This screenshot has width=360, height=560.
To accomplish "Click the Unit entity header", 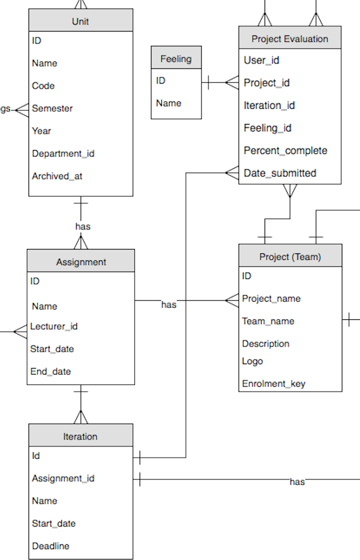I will tap(81, 21).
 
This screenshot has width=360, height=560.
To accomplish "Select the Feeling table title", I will tap(176, 59).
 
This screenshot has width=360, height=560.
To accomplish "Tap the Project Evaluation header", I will tap(290, 39).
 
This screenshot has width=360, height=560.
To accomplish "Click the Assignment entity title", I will tap(81, 262).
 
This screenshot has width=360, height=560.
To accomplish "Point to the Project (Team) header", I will tap(290, 256).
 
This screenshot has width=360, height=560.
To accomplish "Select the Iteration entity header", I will tap(80, 436).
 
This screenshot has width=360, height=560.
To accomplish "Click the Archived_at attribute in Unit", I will tap(57, 176).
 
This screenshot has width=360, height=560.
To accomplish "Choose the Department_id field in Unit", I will tap(63, 154).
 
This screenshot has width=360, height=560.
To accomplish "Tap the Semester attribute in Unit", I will tap(52, 108).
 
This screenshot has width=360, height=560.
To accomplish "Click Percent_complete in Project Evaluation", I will tap(285, 151).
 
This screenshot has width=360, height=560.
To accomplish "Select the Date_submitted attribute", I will tap(280, 173).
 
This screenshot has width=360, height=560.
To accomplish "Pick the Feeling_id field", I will tap(268, 128).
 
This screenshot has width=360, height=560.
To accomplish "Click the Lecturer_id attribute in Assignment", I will tap(54, 326).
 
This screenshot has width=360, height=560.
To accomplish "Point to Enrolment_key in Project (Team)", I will tap(273, 384).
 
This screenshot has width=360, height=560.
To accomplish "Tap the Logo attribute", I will tap(252, 361).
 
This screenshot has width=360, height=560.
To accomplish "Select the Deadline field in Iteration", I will tap(51, 546).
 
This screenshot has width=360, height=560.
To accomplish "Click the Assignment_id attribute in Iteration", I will tap(63, 478).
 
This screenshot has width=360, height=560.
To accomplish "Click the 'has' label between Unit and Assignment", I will tap(83, 226).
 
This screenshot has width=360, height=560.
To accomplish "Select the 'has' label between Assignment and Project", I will tap(169, 305).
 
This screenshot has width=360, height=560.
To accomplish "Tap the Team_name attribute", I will tap(268, 321).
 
